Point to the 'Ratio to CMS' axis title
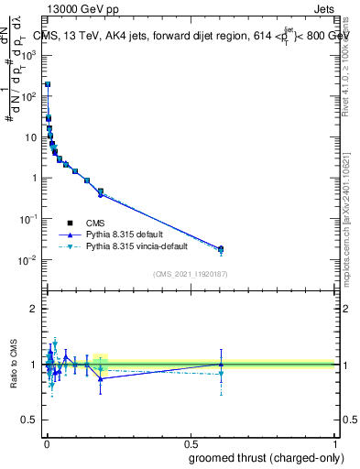(14, 365)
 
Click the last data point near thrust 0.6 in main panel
(220, 248)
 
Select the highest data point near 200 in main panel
(48, 84)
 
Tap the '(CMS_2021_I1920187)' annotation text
(190, 275)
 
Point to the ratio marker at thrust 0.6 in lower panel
(220, 365)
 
